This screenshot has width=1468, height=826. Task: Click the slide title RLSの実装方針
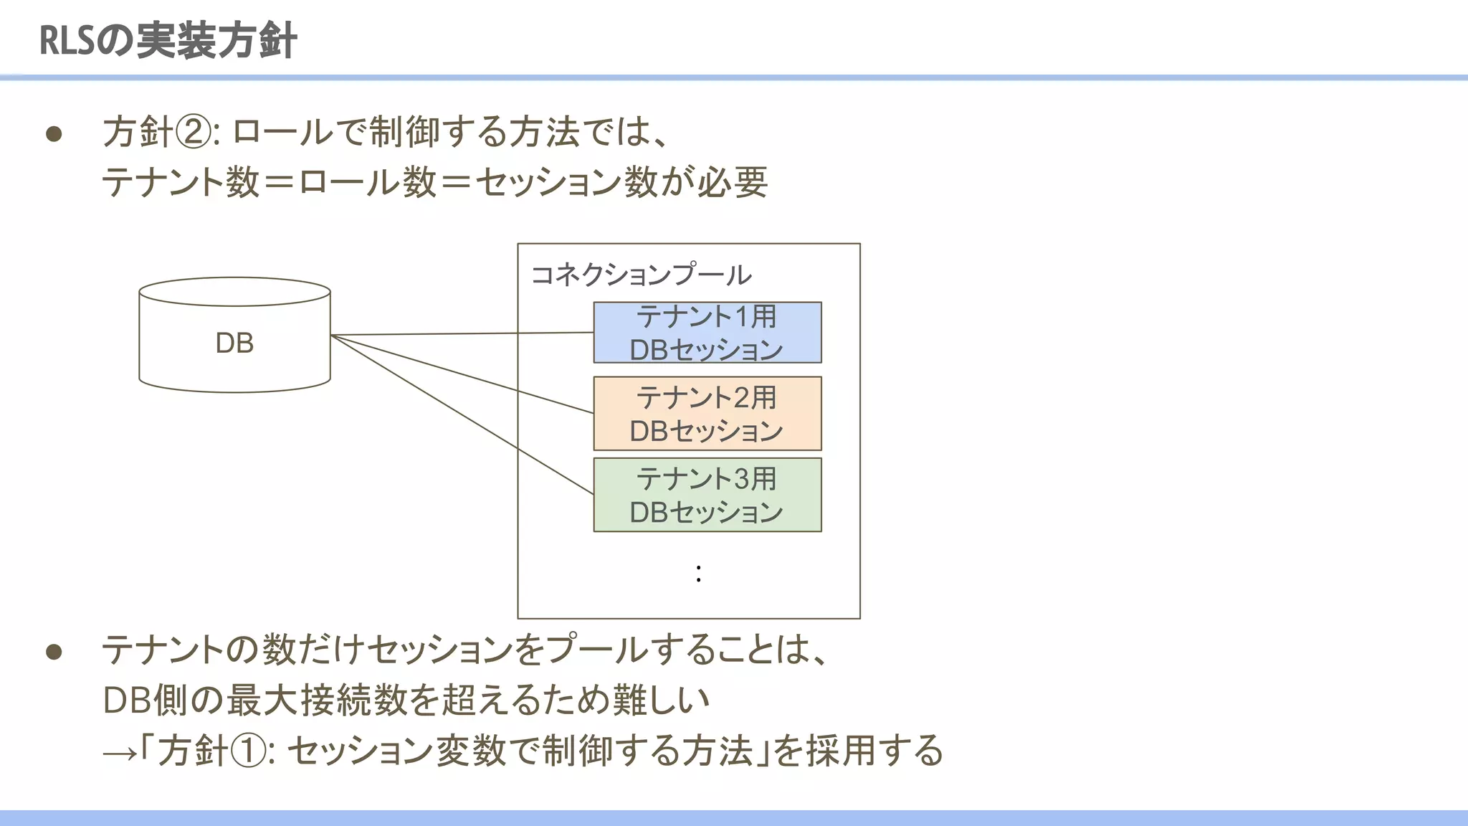[x=168, y=40]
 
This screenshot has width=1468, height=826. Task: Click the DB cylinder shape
[x=234, y=343]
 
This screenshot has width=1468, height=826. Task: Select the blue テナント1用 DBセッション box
[x=707, y=333]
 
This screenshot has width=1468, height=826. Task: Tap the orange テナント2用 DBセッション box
[x=707, y=414]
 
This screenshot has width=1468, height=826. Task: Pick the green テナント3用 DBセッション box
[x=707, y=495]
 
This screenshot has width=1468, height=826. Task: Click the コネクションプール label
[x=641, y=275]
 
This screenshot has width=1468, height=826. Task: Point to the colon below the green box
[x=698, y=573]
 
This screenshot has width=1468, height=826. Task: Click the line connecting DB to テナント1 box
[x=459, y=333]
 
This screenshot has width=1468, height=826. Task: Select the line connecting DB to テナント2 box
[x=459, y=374]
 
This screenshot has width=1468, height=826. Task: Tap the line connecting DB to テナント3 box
[x=459, y=413]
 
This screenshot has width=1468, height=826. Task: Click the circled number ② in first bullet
[x=193, y=133]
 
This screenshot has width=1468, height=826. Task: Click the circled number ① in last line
[x=249, y=751]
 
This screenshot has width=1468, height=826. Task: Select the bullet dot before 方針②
[x=54, y=134]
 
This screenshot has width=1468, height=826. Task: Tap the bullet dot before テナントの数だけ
[x=54, y=651]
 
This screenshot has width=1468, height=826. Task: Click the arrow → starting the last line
[x=119, y=753]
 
